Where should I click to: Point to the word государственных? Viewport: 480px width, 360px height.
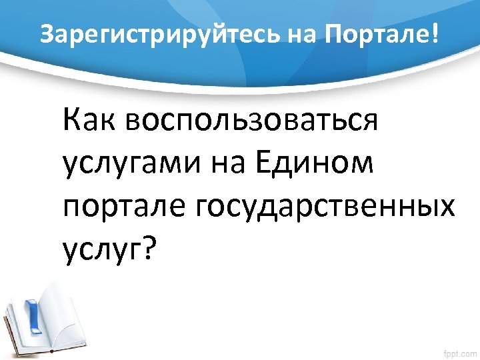coord(325,206)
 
